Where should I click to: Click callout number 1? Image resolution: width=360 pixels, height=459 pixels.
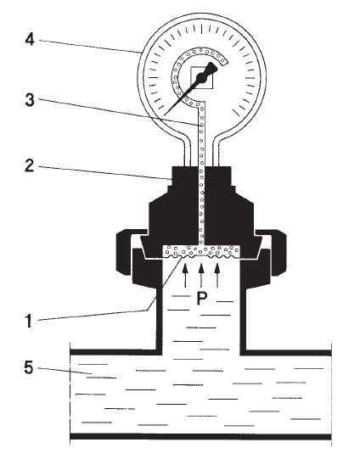[28, 321]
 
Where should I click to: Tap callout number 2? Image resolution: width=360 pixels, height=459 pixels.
[29, 165]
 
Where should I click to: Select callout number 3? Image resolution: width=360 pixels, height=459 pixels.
[30, 100]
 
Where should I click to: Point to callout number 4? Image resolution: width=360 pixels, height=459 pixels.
[30, 39]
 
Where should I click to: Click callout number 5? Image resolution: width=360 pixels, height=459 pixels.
[29, 367]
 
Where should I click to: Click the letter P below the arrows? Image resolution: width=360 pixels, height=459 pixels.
[201, 299]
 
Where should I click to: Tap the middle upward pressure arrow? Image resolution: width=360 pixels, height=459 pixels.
[201, 275]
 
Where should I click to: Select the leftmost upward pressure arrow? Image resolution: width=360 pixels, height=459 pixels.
[185, 275]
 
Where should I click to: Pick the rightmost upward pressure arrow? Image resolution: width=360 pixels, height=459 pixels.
[217, 275]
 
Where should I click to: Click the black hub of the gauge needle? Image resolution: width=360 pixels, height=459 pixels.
[201, 78]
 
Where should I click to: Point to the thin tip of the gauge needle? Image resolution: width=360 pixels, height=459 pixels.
[165, 115]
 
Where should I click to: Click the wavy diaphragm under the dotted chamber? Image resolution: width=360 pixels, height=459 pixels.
[201, 256]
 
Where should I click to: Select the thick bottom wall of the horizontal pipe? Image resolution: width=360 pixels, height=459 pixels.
[200, 436]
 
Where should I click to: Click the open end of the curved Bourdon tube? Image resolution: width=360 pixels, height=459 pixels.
[224, 62]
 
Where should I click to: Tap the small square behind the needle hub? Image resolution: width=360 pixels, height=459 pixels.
[201, 78]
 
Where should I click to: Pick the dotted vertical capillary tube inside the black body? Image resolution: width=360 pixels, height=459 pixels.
[201, 205]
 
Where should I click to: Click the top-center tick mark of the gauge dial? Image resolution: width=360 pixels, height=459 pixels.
[201, 28]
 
